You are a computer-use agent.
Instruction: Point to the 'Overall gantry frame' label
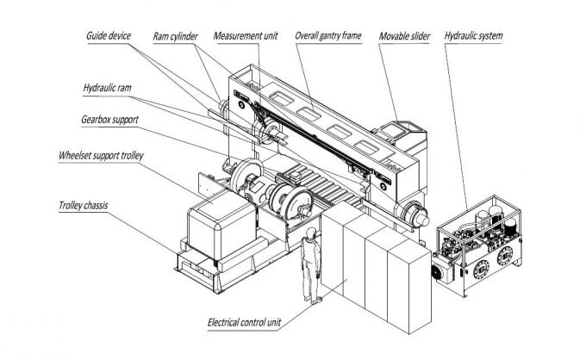pos(327,36)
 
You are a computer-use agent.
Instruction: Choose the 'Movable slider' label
pos(405,36)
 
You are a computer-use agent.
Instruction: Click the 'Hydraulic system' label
pos(473,36)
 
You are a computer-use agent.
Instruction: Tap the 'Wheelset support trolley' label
pos(101,156)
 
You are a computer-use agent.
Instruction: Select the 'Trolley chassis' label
pos(85,208)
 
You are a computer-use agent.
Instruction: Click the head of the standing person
pos(309,234)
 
